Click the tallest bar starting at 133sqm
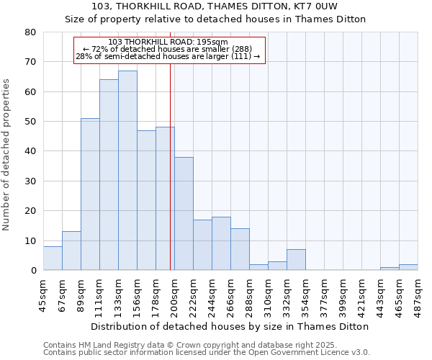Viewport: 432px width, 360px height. point(127,171)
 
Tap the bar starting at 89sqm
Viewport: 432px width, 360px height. point(90,194)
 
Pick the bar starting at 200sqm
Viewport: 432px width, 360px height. point(184,214)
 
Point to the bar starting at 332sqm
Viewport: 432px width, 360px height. point(296,260)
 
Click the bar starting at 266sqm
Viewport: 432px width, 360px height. point(240,250)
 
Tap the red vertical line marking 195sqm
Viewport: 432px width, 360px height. point(170,166)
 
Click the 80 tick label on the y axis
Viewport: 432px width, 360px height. point(30,32)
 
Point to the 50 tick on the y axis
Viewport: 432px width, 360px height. point(30,122)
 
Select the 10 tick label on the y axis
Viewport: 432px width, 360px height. point(30,241)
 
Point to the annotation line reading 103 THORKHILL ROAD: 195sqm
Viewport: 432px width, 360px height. point(170,42)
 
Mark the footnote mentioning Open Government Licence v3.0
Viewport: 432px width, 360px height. point(207,352)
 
